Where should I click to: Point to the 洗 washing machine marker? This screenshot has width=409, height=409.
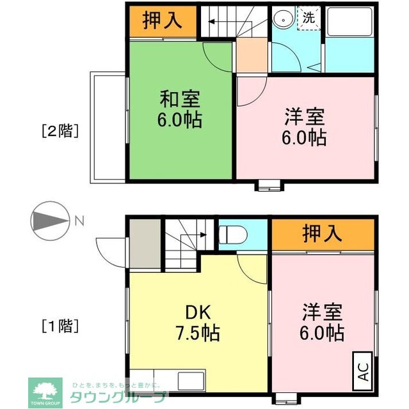coord(308,19)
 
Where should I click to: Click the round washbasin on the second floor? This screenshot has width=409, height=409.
coord(282,20)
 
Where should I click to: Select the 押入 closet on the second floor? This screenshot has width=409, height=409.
coord(160,21)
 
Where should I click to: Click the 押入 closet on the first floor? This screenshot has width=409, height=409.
coord(322,235)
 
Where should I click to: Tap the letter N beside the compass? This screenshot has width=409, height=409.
coord(79,221)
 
